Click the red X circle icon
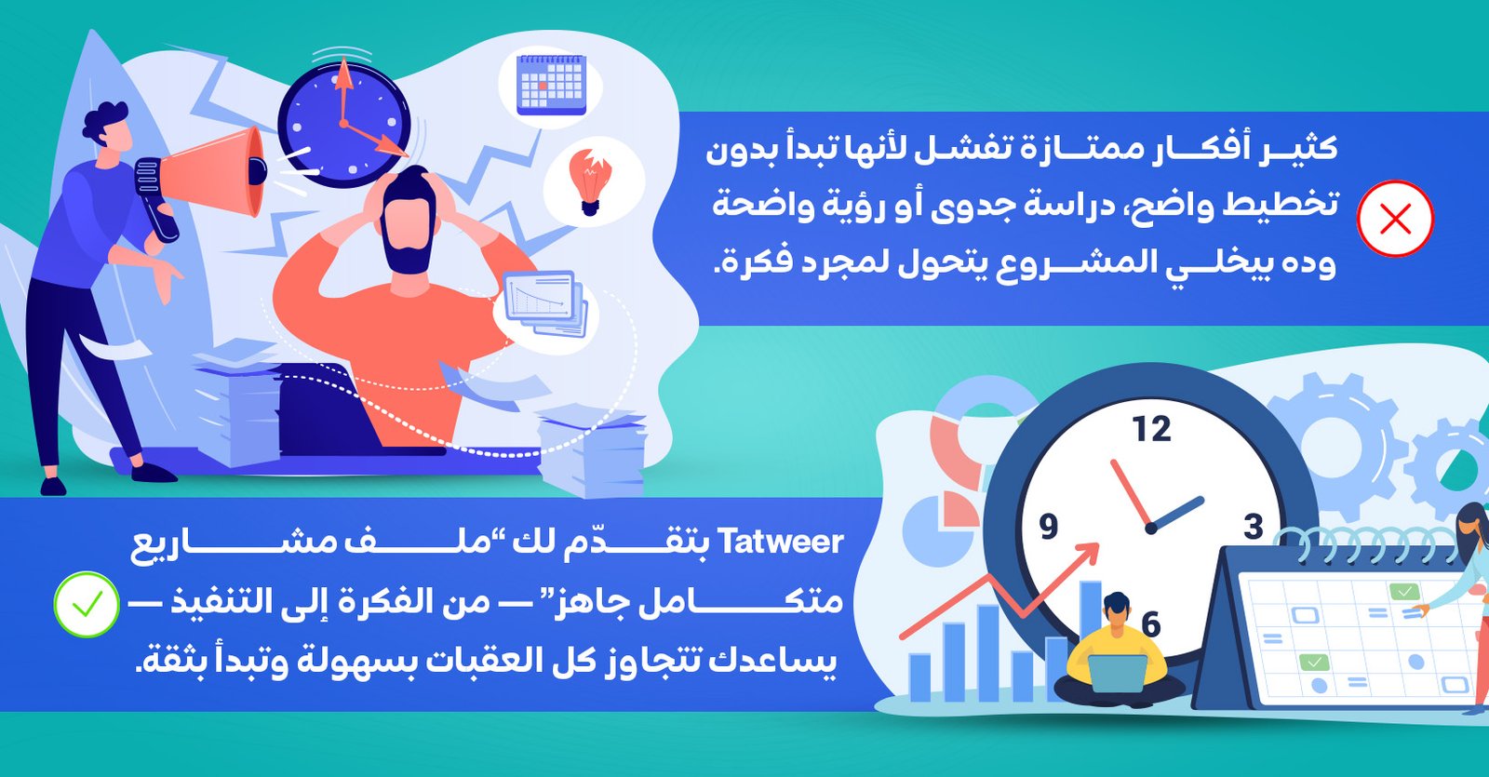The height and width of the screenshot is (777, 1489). click(1395, 219)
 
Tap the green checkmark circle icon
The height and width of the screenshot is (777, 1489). click(87, 604)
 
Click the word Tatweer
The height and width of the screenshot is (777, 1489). click(782, 543)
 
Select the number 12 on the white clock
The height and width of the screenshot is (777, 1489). click(1152, 429)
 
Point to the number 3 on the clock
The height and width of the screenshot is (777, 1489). click(1253, 527)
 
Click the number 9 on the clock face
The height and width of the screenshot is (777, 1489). click(1048, 527)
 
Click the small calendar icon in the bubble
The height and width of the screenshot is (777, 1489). click(551, 85)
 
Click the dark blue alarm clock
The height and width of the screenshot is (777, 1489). click(343, 123)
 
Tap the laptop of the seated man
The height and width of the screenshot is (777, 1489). click(1117, 674)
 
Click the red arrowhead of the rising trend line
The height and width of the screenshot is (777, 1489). click(1087, 555)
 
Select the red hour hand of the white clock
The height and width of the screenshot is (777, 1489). click(1131, 493)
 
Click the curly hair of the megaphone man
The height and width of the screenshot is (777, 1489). click(106, 123)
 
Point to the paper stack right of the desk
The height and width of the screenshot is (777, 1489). click(592, 452)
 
